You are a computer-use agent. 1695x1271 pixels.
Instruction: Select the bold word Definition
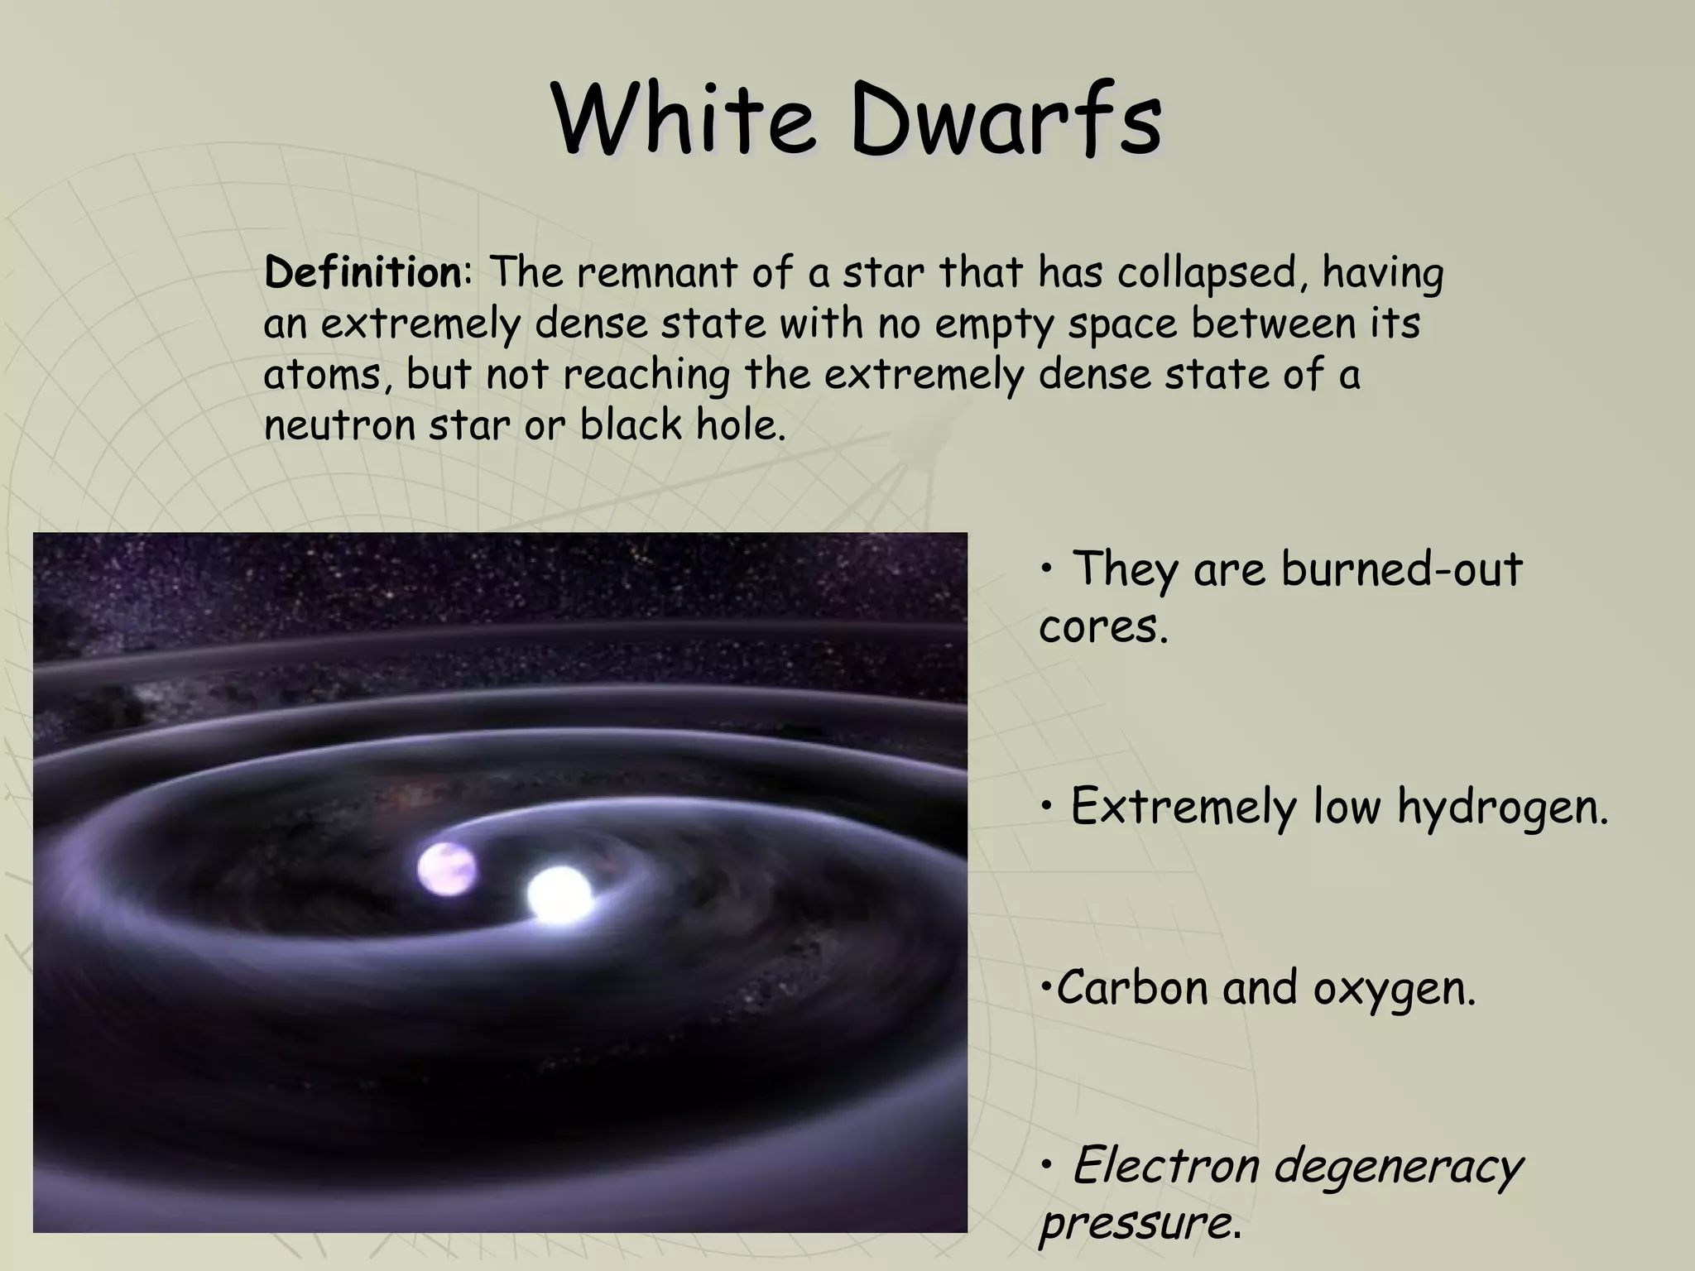[x=363, y=273]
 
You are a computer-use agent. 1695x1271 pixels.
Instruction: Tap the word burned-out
[x=1401, y=569]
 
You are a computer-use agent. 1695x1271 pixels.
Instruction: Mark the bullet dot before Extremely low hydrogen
[x=1048, y=806]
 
